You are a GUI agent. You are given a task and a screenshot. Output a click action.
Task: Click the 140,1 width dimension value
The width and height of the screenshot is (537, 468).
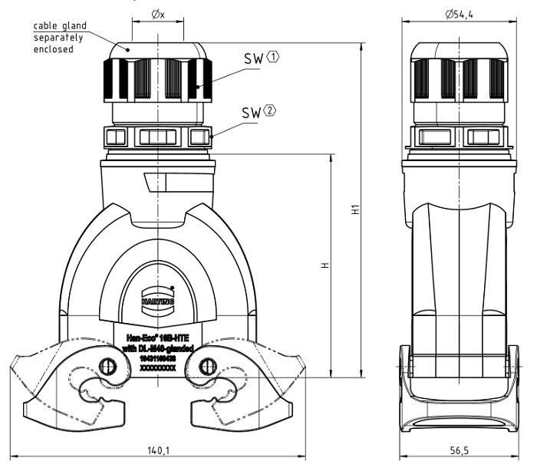click(x=160, y=450)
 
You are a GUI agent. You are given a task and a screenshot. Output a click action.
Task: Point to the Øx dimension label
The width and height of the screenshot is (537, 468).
click(x=159, y=13)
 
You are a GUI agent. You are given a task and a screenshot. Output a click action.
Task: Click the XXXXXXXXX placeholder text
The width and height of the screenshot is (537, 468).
click(x=157, y=368)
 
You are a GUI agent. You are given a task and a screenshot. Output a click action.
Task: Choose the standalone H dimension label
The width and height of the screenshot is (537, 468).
click(x=325, y=265)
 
